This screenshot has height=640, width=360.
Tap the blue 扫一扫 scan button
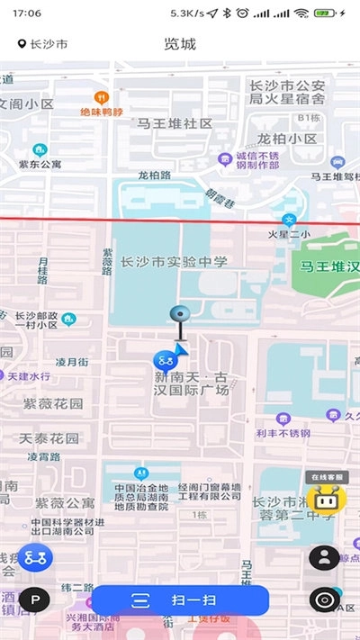(x=181, y=600)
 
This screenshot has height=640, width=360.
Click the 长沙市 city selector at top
(x=42, y=44)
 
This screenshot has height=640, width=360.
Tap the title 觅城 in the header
(x=180, y=44)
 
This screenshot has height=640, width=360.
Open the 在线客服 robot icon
(x=321, y=498)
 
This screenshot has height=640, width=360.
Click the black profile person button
(x=324, y=557)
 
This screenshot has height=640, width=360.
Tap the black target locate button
(x=324, y=599)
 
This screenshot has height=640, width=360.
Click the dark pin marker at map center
(x=181, y=315)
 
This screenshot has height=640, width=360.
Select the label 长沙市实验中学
(x=174, y=262)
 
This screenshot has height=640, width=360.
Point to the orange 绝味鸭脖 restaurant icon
(x=102, y=96)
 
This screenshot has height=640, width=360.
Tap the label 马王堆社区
(x=175, y=123)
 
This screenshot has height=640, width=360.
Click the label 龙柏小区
(x=286, y=140)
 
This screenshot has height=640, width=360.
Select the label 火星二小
(x=289, y=235)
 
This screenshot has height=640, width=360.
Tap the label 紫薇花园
(x=52, y=404)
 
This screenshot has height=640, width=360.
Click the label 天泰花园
(x=49, y=438)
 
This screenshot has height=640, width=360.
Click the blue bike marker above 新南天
(x=164, y=360)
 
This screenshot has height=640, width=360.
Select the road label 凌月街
(x=72, y=362)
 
